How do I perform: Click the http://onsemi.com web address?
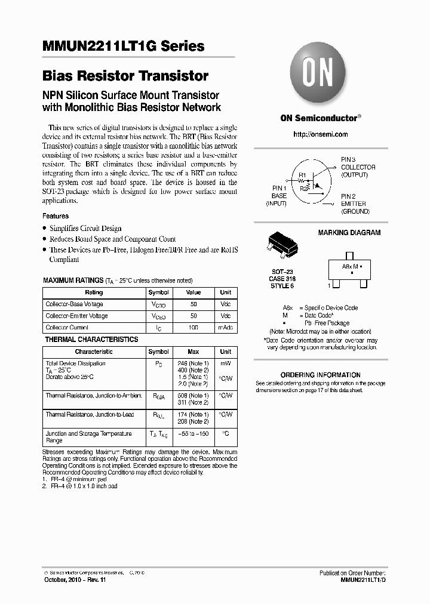321,134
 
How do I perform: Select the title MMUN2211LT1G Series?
124,47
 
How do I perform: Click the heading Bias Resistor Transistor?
125,76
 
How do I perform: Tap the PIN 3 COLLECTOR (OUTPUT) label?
358,167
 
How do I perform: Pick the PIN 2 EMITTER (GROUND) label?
355,204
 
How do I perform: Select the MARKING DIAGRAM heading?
349,233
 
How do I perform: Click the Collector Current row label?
67,328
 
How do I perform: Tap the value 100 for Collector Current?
193,328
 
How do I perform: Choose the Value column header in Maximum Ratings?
193,292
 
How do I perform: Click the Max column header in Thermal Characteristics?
193,352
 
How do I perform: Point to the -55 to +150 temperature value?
193,434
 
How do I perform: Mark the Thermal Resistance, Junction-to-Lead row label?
90,414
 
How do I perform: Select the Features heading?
56,216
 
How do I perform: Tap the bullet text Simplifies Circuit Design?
85,228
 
